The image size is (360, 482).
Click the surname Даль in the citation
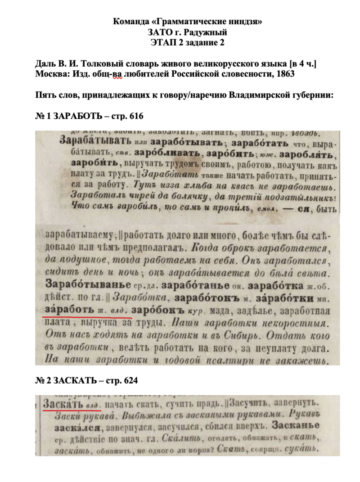45,64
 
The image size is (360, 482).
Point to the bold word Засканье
297,426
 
